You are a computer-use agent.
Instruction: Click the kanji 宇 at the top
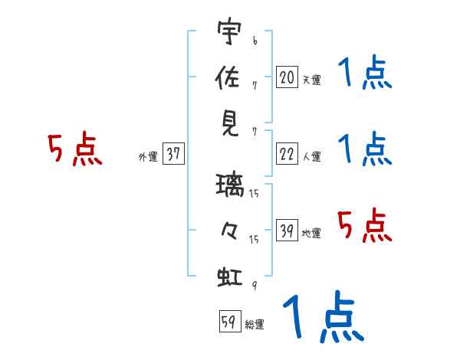click(x=229, y=34)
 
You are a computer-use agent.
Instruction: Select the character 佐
click(x=229, y=78)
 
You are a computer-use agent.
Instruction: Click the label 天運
click(x=311, y=80)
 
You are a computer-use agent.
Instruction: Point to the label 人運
click(x=311, y=156)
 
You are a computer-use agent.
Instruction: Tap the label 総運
click(x=255, y=324)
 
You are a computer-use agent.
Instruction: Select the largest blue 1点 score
click(x=322, y=317)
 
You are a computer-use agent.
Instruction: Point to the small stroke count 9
click(x=253, y=284)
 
